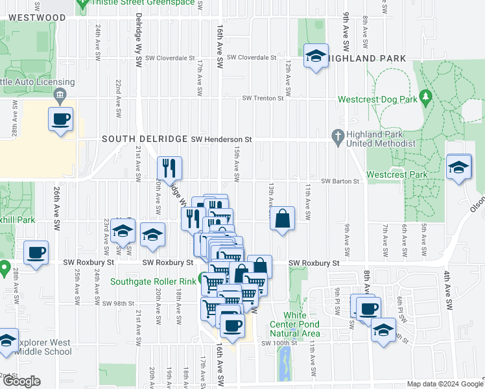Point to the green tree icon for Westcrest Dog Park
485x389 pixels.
pos(426,97)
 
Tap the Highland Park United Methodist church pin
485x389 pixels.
pos(337,136)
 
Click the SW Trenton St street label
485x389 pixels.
pos(263,99)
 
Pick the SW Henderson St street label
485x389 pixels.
pos(221,139)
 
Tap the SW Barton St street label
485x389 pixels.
pos(340,182)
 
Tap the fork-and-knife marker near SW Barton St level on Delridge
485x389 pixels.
pos(169,168)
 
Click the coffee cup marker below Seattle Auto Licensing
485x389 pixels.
pos(61,119)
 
